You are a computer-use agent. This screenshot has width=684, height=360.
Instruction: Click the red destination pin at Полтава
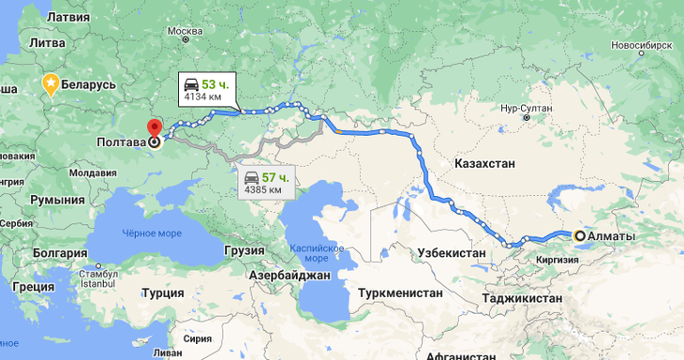pyautogui.click(x=154, y=129)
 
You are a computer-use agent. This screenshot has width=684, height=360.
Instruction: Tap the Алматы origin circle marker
pyautogui.click(x=580, y=236)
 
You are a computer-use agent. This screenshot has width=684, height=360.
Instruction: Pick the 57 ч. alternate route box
pyautogui.click(x=266, y=182)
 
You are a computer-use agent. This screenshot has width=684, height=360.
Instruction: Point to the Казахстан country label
pyautogui.click(x=485, y=163)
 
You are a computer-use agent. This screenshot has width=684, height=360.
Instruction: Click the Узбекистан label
pyautogui.click(x=451, y=253)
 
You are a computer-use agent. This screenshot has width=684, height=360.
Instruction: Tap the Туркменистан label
pyautogui.click(x=399, y=292)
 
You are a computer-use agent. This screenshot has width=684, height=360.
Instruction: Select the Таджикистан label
pyautogui.click(x=523, y=298)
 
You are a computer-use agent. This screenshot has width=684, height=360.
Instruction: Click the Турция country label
pyautogui.click(x=165, y=292)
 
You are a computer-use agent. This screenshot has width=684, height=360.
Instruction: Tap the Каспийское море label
pyautogui.click(x=317, y=253)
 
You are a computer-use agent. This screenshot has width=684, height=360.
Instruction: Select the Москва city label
pyautogui.click(x=185, y=33)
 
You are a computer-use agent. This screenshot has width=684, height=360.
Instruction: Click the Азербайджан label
pyautogui.click(x=290, y=277)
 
